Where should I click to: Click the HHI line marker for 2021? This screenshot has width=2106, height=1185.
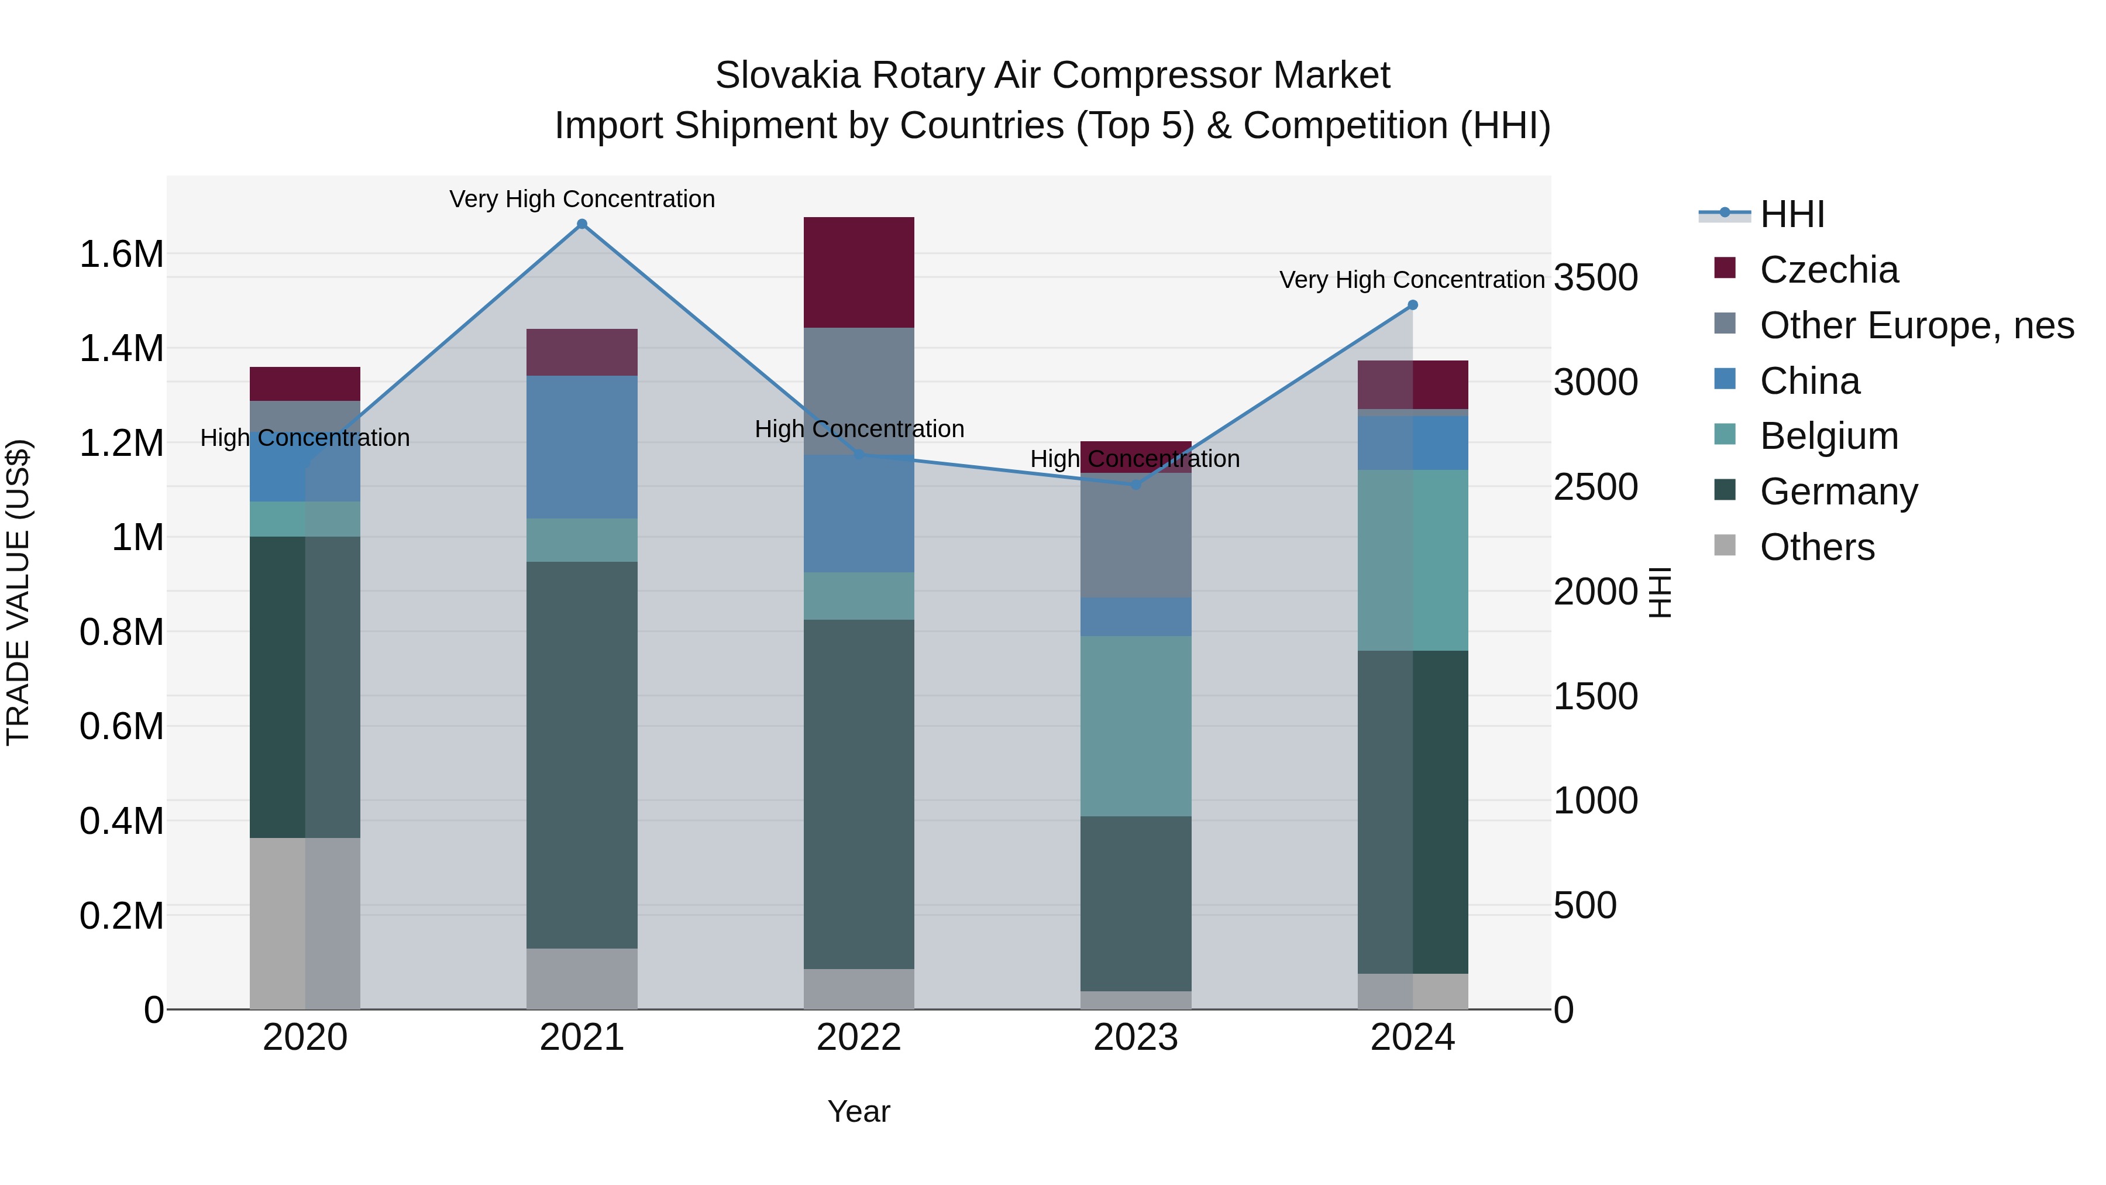(x=582, y=224)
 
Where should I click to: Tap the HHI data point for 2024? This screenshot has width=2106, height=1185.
(x=1413, y=305)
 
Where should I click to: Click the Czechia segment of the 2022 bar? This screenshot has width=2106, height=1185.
(x=858, y=272)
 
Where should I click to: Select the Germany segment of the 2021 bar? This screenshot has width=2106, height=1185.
(x=582, y=754)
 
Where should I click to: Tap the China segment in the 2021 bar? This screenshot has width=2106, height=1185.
(x=582, y=446)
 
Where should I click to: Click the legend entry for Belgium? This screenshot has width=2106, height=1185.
(x=1829, y=436)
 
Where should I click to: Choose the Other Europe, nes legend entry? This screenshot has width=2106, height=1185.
(x=1915, y=325)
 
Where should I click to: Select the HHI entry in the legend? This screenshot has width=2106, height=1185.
(x=1791, y=214)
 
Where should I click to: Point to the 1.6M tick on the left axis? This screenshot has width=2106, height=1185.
(x=122, y=255)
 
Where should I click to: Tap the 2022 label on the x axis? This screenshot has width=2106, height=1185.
(x=858, y=1038)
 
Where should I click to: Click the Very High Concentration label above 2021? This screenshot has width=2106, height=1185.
(x=582, y=199)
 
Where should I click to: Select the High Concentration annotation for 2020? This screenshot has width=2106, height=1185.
(x=305, y=438)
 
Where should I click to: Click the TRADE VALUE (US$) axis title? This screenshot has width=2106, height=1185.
(x=18, y=592)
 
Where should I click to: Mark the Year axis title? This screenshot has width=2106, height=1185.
(x=858, y=1111)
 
